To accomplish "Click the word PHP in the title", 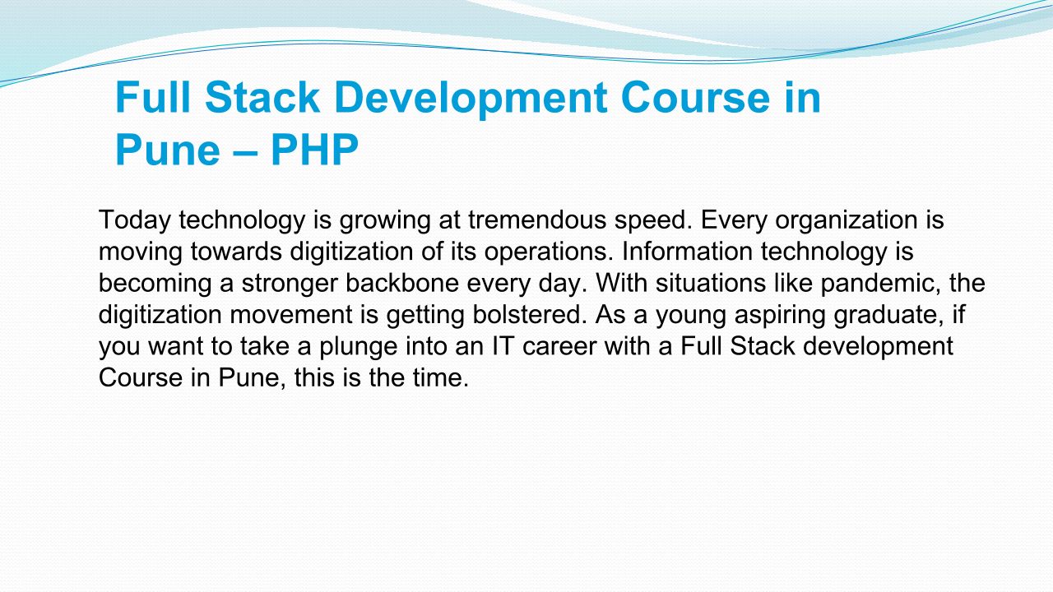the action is [x=314, y=150].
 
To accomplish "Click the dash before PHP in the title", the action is [x=245, y=153].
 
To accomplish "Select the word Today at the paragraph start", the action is [x=134, y=220].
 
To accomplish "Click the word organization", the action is [x=847, y=220].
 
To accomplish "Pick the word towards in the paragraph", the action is [x=236, y=252].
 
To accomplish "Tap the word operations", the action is [x=549, y=252].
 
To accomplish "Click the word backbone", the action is [x=402, y=283].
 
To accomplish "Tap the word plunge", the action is [x=359, y=346].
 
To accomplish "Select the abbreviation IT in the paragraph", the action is [x=503, y=346].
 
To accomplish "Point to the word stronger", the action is [x=290, y=284].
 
